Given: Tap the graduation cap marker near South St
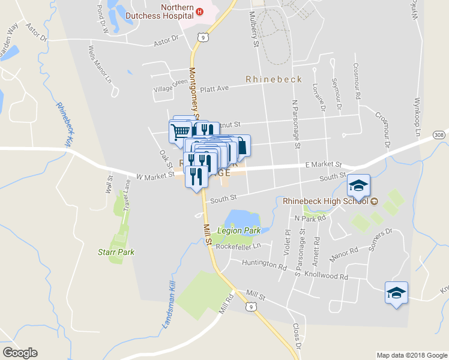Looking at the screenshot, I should pos(358,187).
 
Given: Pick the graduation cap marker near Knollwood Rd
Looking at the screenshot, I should pos(396,293).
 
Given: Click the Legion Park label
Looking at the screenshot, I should pos(239,230).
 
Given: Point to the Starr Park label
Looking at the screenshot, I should pos(116,253).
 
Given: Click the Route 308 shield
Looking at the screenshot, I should pos(440,135).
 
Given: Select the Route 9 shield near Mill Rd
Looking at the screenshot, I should pos(255,307).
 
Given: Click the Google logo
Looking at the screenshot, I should pos(20,353).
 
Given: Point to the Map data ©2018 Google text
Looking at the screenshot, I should pos(412,355).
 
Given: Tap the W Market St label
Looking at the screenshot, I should pos(155,176).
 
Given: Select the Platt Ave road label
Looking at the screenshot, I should pos(215,88).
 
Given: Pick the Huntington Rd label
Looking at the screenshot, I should pos(264,263).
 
